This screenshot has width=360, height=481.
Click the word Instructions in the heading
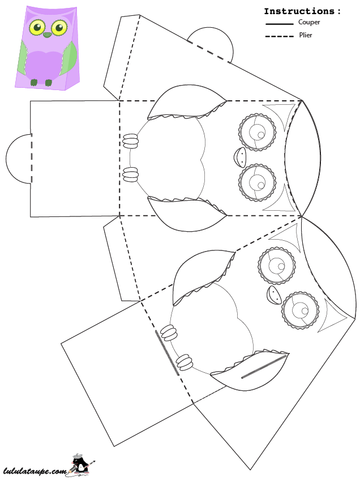pos(299,11)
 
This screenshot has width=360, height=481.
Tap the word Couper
pos(309,23)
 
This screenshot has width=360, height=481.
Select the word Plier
pos(306,35)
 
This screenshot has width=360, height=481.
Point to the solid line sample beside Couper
pos(280,24)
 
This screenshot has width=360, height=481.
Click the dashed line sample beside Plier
pos(280,36)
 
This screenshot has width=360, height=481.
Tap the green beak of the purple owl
pos(48,35)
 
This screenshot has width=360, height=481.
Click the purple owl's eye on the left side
pos(37,28)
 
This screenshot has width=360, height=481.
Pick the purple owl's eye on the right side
pos(59,28)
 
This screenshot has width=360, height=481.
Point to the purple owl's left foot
pos(34,82)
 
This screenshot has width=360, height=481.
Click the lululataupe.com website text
pos(35,471)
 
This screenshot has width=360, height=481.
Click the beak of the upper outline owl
pos(239,157)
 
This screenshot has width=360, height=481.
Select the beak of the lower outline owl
pos(274,295)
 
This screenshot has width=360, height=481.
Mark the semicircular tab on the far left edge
pos(18,159)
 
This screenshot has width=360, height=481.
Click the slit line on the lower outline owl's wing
pos(264,366)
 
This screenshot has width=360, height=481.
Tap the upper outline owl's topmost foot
pos(131,142)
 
